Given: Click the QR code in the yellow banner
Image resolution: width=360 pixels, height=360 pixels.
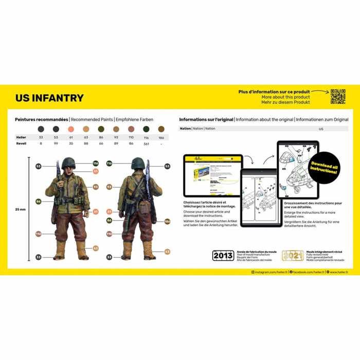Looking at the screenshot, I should point(337,96).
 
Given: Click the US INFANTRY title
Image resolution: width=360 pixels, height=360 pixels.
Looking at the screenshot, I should point(49,98).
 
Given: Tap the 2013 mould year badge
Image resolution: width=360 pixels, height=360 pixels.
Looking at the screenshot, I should point(223,256).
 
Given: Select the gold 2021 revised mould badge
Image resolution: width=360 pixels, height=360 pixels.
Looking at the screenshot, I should point(292,256).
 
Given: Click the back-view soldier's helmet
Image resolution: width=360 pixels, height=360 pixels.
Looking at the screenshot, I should point(137,164).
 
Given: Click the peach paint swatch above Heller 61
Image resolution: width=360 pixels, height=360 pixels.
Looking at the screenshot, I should point(71,129).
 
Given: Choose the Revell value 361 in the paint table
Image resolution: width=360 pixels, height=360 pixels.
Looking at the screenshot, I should point(147,143).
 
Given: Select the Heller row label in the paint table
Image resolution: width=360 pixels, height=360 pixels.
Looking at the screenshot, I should point(21,137).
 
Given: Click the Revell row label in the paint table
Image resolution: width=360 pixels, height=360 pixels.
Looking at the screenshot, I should point(21,143).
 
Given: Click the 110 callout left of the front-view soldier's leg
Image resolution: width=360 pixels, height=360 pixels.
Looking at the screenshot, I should point(38,234).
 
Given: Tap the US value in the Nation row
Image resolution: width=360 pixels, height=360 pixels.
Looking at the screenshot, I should point(321,129).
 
